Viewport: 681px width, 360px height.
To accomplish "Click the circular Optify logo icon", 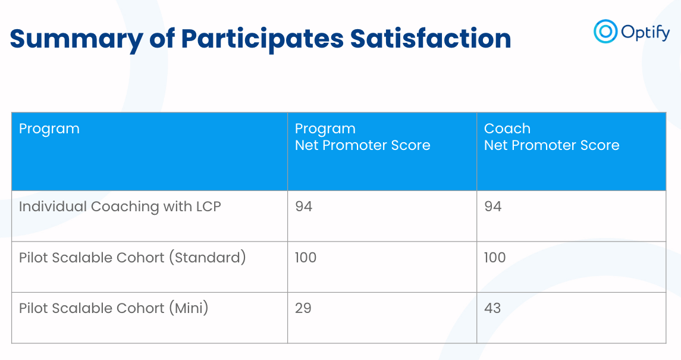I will [x=605, y=32].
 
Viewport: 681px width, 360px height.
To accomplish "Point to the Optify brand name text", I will [x=645, y=32].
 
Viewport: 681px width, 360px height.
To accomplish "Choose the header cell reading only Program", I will [x=49, y=129].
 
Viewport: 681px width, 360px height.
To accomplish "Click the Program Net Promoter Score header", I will [x=362, y=137].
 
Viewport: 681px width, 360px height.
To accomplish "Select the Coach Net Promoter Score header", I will [x=551, y=137].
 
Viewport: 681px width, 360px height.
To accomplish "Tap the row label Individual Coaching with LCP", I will [x=120, y=206].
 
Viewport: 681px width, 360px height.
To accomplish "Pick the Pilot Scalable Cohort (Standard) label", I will [x=132, y=258].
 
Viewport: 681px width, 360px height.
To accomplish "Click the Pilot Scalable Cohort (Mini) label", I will [x=114, y=308].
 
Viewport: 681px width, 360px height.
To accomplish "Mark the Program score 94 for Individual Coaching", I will [x=303, y=206].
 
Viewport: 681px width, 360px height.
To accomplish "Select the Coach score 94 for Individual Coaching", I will [x=492, y=206].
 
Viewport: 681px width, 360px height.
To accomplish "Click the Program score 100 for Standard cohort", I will [x=306, y=258].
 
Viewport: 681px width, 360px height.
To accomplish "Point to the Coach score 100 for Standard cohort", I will [x=495, y=258].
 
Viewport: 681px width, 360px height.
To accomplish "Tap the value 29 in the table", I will [x=303, y=308].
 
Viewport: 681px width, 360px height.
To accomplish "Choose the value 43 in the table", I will [x=492, y=308].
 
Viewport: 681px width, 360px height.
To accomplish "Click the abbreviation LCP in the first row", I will [x=208, y=206].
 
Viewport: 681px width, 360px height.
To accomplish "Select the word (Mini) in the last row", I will [x=189, y=308].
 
